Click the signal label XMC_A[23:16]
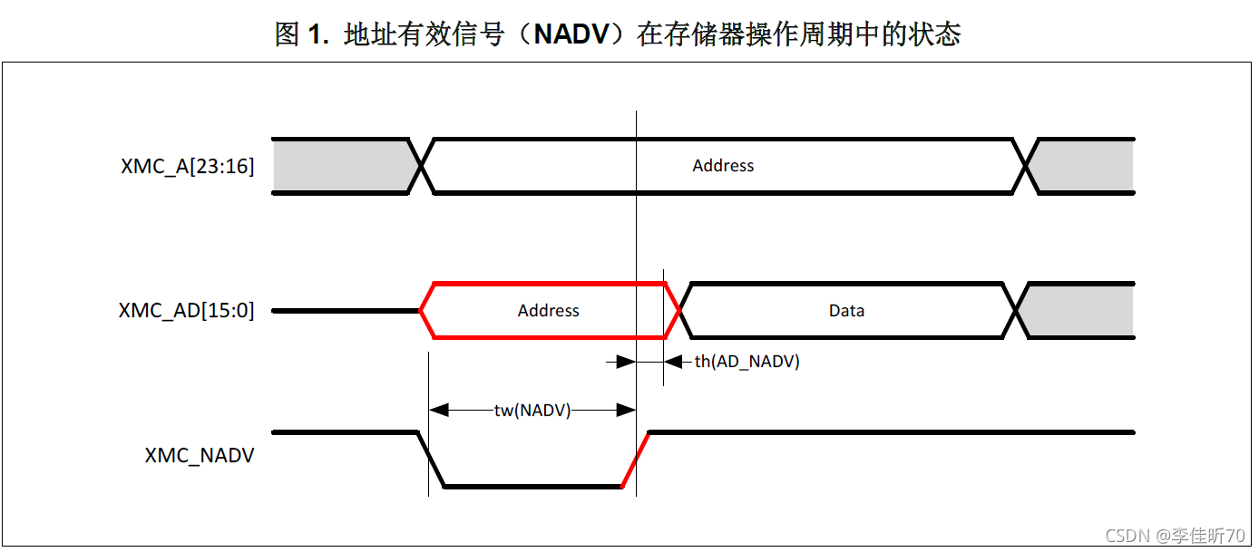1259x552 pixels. pos(188,167)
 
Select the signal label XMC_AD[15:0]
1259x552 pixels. pos(186,311)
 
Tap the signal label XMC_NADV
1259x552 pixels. pos(200,456)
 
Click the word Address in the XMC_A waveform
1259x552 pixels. pos(723,166)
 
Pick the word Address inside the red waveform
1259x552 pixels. pos(548,311)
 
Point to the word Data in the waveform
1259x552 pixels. pos(846,311)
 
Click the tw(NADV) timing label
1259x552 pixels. pos(532,411)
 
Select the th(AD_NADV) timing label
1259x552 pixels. pos(747,362)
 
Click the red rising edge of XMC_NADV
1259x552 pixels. pos(635,460)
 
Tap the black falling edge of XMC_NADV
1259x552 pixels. pos(431,460)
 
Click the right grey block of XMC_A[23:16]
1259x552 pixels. pos(1085,167)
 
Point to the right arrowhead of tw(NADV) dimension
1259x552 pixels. pos(626,411)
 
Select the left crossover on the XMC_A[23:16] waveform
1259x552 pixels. pos(422,167)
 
